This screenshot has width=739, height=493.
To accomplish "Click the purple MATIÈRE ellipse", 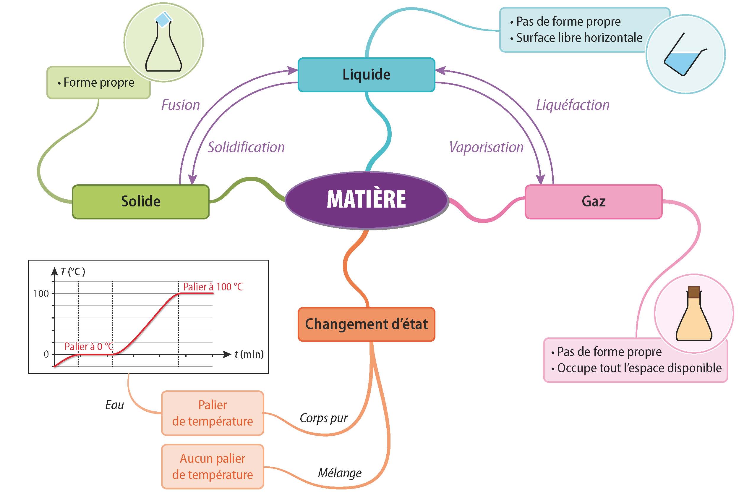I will (x=366, y=200).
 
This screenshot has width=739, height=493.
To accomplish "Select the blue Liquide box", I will (x=366, y=75).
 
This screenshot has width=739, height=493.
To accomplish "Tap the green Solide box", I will (x=141, y=201).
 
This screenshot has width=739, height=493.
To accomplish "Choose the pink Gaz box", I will (x=594, y=201).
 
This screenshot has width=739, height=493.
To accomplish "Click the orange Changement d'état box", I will (x=366, y=324).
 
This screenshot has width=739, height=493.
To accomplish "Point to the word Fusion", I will (x=181, y=105).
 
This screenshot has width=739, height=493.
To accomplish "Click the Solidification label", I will (x=246, y=148).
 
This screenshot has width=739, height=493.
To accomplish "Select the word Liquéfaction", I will (x=573, y=105).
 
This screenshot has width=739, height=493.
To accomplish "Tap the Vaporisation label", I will (x=486, y=148).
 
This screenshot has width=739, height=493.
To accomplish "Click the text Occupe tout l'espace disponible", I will (x=639, y=368).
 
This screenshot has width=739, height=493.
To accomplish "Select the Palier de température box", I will (x=213, y=413).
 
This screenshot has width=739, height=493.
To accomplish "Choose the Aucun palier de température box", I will (x=213, y=467).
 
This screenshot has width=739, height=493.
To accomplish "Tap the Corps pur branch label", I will (x=324, y=418).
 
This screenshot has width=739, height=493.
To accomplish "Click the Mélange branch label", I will (x=340, y=473).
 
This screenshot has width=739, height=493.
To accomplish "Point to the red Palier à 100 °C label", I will (x=213, y=287).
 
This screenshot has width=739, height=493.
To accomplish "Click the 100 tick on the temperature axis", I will (x=41, y=294).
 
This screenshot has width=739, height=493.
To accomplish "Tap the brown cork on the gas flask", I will (x=694, y=292).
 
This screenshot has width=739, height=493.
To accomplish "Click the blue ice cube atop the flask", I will (x=163, y=20).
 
